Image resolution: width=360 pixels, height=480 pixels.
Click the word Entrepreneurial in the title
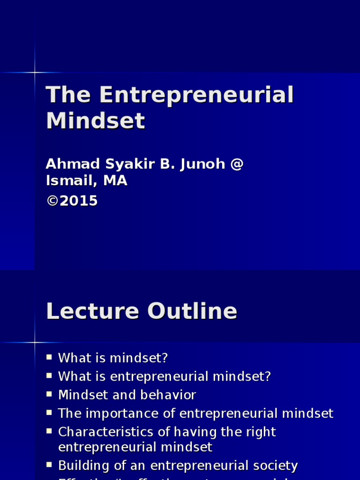coord(196,95)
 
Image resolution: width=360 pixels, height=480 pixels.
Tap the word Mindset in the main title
coord(96,121)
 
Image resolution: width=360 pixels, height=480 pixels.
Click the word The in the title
coord(68,95)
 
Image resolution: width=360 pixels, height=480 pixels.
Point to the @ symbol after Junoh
coord(237,165)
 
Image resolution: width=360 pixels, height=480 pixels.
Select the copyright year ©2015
coord(72,201)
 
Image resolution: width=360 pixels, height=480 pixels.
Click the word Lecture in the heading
coord(93,311)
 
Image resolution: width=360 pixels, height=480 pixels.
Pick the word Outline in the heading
coord(192,311)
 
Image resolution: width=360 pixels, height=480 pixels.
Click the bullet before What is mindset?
coord(49,358)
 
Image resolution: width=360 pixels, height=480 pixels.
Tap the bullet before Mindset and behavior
coord(49,394)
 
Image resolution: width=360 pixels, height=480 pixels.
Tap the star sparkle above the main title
coord(35,72)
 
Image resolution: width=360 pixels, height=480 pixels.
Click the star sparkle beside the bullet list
coord(35,342)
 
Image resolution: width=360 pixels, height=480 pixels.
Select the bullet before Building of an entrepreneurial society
coord(49,465)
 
